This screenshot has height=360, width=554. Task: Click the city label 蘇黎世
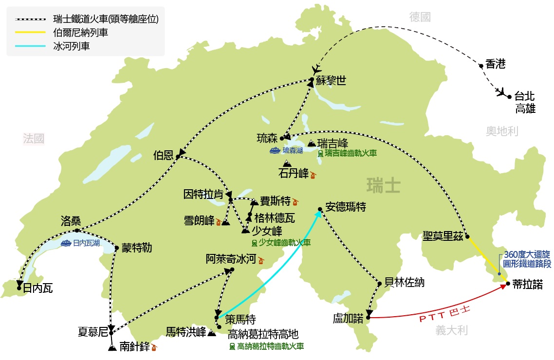(x=331, y=81)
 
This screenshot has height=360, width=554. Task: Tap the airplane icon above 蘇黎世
(x=316, y=69)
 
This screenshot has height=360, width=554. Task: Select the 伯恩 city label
(x=163, y=156)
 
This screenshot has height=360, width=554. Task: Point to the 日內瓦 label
(x=38, y=288)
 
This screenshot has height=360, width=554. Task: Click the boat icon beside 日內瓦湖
(x=67, y=243)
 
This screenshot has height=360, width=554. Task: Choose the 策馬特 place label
(x=237, y=319)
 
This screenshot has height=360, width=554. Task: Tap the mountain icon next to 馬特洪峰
(x=212, y=333)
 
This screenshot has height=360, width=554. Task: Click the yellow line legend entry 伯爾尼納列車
(x=80, y=33)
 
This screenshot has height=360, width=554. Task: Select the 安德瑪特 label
(x=346, y=207)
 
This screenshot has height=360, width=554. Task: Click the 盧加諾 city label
(x=348, y=319)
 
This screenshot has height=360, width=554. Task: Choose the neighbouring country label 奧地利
(x=502, y=131)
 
